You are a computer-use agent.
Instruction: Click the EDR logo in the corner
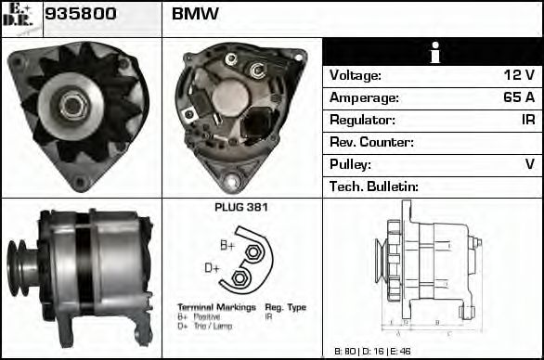click(x=19, y=17)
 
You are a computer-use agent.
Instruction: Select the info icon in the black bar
click(x=434, y=53)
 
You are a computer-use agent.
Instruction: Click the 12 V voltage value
click(x=519, y=76)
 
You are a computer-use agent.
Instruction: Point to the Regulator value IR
click(x=528, y=121)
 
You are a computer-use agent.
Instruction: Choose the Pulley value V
click(x=530, y=164)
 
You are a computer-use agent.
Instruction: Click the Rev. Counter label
click(x=372, y=143)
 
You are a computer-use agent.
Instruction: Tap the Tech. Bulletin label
click(x=375, y=186)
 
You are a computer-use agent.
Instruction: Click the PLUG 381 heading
click(x=240, y=208)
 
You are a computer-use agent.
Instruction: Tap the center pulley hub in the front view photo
click(x=71, y=103)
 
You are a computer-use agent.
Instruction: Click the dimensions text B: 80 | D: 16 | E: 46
click(x=370, y=352)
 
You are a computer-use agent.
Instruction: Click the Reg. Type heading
click(x=285, y=306)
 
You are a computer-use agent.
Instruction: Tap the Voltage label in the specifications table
click(x=356, y=76)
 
